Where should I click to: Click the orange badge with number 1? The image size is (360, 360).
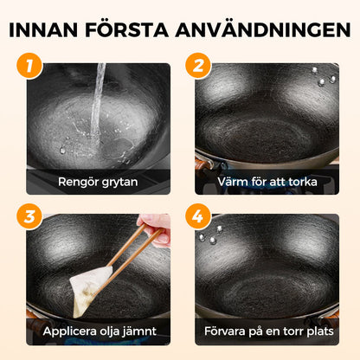[x=30, y=67]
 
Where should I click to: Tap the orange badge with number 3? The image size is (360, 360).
[x=30, y=216]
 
